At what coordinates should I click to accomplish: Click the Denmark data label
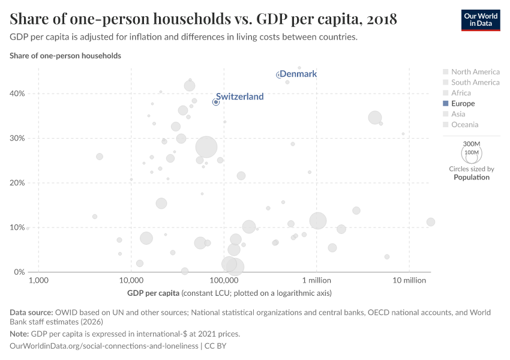pos(298,74)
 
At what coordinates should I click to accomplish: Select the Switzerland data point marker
pos(216,102)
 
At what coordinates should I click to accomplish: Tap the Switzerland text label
pos(239,96)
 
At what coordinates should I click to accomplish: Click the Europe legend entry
pos(463,104)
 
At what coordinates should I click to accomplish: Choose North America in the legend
pos(475,72)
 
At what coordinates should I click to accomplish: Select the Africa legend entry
pos(461,93)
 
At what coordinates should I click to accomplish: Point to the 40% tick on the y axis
pos(17,94)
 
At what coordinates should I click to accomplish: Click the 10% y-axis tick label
pos(17,227)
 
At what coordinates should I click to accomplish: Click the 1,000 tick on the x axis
pos(38,281)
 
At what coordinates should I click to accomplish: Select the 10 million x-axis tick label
pos(409,281)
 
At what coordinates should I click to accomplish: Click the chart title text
pos(203,19)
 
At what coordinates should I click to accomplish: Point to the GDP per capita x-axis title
pos(153,293)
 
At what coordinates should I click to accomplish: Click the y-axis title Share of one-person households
pos(65,56)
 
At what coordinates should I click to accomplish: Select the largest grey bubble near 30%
pos(206,147)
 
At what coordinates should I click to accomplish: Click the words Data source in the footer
pos(31,313)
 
